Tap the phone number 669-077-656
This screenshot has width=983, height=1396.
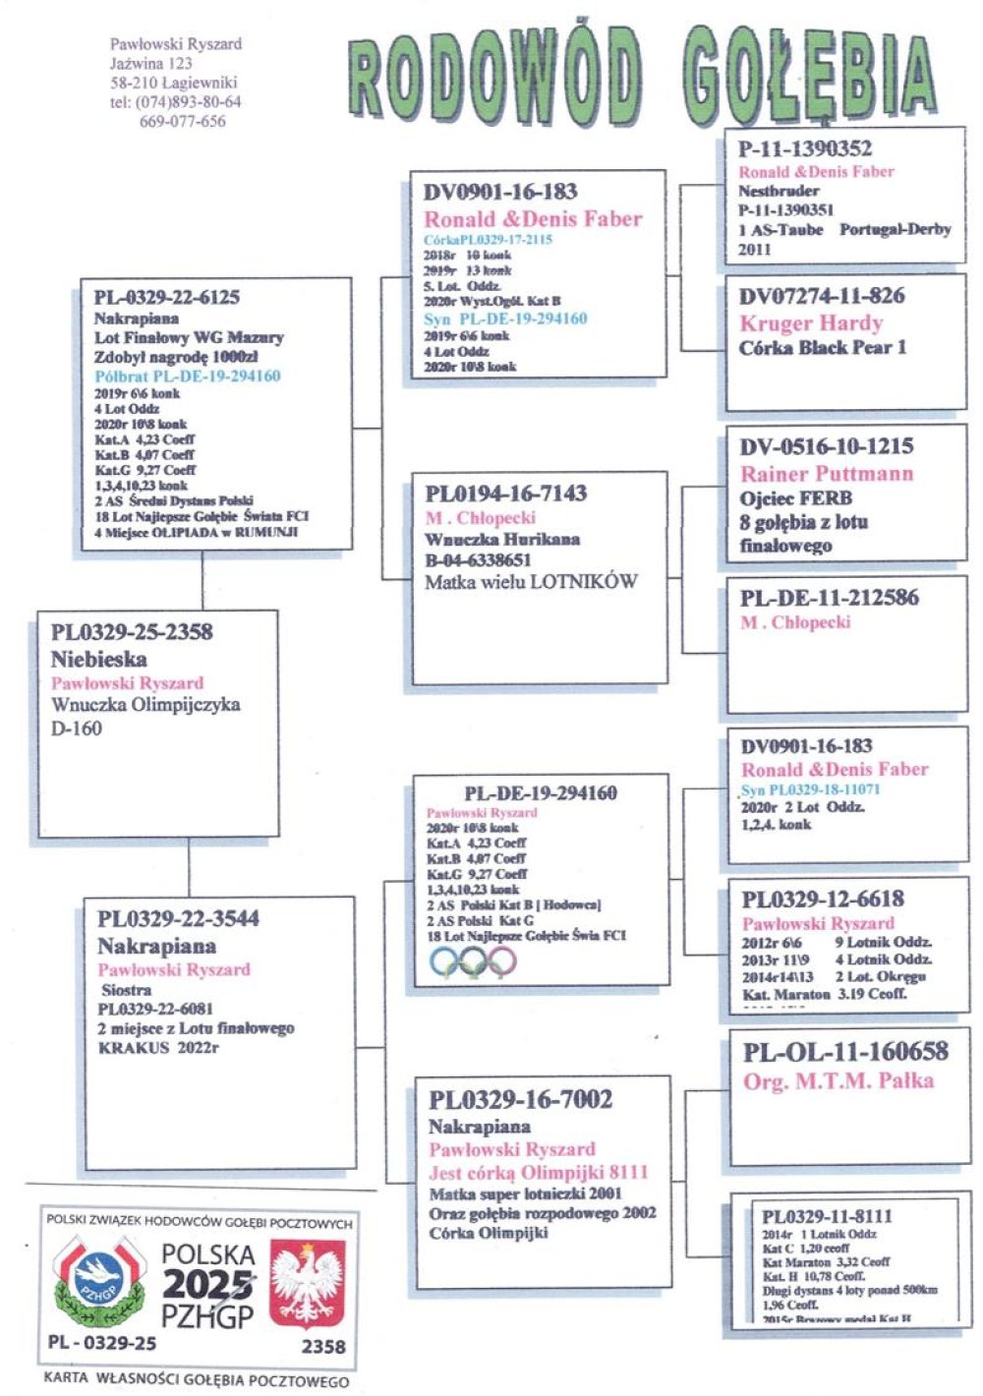183,122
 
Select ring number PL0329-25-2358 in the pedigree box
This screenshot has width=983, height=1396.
132,631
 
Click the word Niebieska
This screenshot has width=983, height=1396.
98,659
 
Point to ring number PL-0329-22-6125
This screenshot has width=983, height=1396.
167,297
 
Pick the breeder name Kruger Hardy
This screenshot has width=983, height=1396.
811,323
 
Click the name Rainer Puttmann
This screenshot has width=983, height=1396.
827,473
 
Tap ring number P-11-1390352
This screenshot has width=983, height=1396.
805,148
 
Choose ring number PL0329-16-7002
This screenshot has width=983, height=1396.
521,1099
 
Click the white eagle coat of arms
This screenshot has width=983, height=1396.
308,1283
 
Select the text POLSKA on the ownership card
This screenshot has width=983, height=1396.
208,1254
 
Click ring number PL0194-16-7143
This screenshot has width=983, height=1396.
506,493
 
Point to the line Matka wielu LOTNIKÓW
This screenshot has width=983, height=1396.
531,581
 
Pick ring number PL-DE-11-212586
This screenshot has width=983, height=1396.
830,597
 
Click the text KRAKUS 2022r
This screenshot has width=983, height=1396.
158,1048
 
